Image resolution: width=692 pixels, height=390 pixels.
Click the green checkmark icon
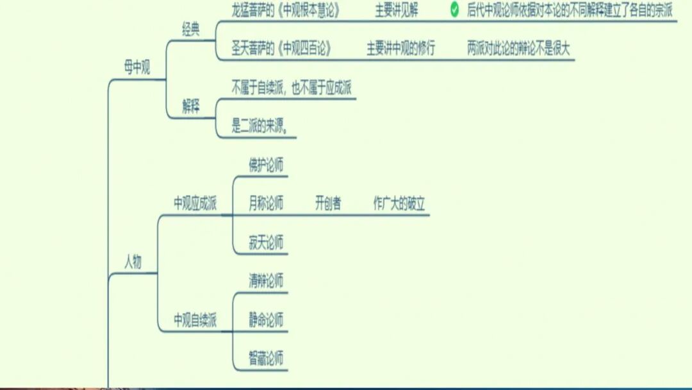pos(454,10)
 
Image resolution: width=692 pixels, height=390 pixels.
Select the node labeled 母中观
pos(137,69)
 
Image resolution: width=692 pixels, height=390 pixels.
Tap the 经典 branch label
pos(191,30)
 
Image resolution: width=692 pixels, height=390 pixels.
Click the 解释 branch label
pos(191,107)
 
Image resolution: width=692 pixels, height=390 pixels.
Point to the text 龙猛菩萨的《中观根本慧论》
pos(286,10)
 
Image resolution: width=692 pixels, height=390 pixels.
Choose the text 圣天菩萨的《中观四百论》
pos(282,49)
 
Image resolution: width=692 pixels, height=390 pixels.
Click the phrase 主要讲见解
pos(397,10)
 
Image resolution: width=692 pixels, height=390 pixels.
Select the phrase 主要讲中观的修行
pos(400,49)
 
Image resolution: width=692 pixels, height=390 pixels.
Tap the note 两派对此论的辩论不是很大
pos(518,49)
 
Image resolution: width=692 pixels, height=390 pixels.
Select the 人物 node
pos(133,262)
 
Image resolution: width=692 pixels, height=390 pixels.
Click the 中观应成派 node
pos(195,204)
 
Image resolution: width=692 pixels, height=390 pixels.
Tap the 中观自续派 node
pos(195,319)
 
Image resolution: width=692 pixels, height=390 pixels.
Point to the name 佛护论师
pos(266,165)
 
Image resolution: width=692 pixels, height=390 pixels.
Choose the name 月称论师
pos(266,204)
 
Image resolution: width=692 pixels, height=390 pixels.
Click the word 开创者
pos(328,204)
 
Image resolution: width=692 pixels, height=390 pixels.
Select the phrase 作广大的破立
pos(399,204)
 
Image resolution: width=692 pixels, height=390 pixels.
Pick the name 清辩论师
pos(266,281)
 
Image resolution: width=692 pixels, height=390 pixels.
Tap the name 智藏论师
pos(266,358)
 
